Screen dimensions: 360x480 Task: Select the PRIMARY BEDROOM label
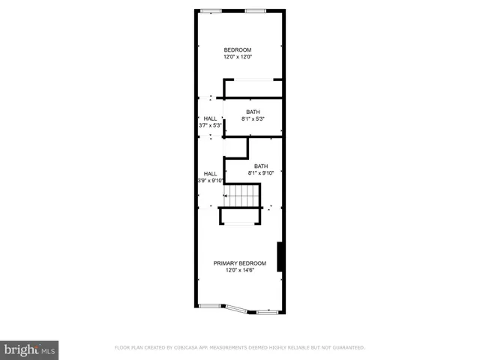pos(240,263)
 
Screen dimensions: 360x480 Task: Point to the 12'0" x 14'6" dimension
pos(240,271)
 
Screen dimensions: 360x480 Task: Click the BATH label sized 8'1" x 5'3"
pos(253,112)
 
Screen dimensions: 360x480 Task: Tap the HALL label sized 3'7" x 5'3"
pos(210,118)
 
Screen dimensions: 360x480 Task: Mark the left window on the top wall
pos(211,10)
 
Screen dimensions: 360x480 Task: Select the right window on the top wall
pos(256,10)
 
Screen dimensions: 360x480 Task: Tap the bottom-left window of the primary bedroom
pos(210,305)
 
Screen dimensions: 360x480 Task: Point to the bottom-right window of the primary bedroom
pos(267,311)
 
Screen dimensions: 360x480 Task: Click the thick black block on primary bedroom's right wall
pos(280,257)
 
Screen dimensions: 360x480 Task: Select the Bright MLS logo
pos(30,349)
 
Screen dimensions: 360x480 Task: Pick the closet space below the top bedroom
pos(253,88)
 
